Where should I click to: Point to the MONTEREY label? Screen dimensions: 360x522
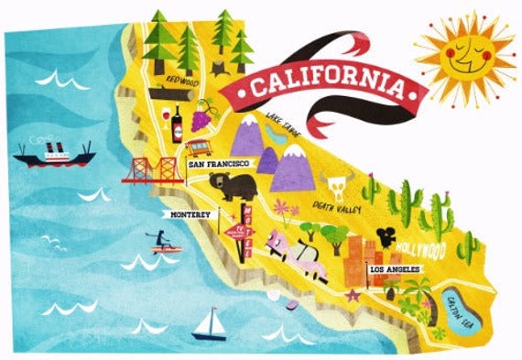pyautogui.click(x=190, y=214)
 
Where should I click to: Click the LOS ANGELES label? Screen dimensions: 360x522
pyautogui.click(x=394, y=270)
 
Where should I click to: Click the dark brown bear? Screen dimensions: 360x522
pyautogui.click(x=230, y=185)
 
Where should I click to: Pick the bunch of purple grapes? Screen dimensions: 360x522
pyautogui.click(x=203, y=116)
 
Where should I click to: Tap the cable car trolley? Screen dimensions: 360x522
pyautogui.click(x=197, y=147)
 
